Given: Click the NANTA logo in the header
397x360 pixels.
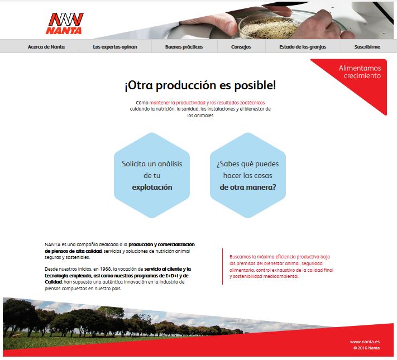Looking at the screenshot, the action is (x=65, y=23).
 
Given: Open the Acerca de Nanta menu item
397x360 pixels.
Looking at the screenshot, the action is (x=46, y=47).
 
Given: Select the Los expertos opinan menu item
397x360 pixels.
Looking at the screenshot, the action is (x=115, y=47).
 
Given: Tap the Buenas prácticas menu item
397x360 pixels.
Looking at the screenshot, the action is (x=184, y=47).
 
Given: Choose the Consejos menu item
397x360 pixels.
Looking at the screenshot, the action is (x=241, y=47).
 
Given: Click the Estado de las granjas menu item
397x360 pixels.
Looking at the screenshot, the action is (x=303, y=47).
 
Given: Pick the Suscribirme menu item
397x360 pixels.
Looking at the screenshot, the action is (x=367, y=47).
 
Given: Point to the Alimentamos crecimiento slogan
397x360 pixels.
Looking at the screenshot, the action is (x=360, y=72).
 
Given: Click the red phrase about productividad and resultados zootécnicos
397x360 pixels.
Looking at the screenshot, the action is (x=207, y=103).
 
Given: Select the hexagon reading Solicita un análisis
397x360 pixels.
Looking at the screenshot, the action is (x=152, y=175).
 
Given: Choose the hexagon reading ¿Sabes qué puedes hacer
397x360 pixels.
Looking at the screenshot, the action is (x=248, y=175).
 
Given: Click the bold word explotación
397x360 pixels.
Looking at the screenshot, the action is (x=152, y=188).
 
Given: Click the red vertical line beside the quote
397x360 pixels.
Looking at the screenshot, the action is (x=223, y=267).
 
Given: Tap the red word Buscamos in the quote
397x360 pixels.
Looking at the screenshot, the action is (x=240, y=257).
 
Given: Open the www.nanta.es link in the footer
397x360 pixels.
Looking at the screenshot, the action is (x=365, y=342).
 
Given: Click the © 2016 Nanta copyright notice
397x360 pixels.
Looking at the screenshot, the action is (x=367, y=348).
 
